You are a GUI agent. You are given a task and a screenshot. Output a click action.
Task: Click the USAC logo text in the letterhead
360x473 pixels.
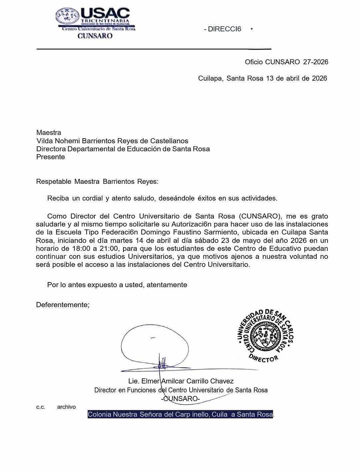coord(105,14)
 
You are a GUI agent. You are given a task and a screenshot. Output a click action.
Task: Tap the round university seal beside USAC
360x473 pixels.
coord(68,16)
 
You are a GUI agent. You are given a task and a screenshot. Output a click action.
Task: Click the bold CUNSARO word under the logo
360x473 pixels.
coord(95,36)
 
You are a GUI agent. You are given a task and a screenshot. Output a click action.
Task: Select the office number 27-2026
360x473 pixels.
coord(316,62)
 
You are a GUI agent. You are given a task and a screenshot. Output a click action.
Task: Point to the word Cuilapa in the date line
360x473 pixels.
coord(210,78)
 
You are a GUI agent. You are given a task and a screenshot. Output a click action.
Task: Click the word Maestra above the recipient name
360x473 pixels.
coord(49,132)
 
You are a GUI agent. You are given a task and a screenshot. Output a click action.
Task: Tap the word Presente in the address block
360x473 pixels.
coord(50,157)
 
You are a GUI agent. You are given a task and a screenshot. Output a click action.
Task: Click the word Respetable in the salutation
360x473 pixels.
coord(53,181)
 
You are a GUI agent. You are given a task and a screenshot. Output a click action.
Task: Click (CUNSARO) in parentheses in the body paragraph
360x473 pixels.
coord(260,216)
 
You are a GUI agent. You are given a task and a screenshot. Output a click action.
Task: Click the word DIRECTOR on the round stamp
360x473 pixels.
coord(264,358)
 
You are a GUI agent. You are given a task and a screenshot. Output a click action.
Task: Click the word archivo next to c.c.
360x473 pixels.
coord(66,407)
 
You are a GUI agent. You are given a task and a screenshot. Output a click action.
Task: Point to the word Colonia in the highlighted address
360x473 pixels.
coord(99,415)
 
